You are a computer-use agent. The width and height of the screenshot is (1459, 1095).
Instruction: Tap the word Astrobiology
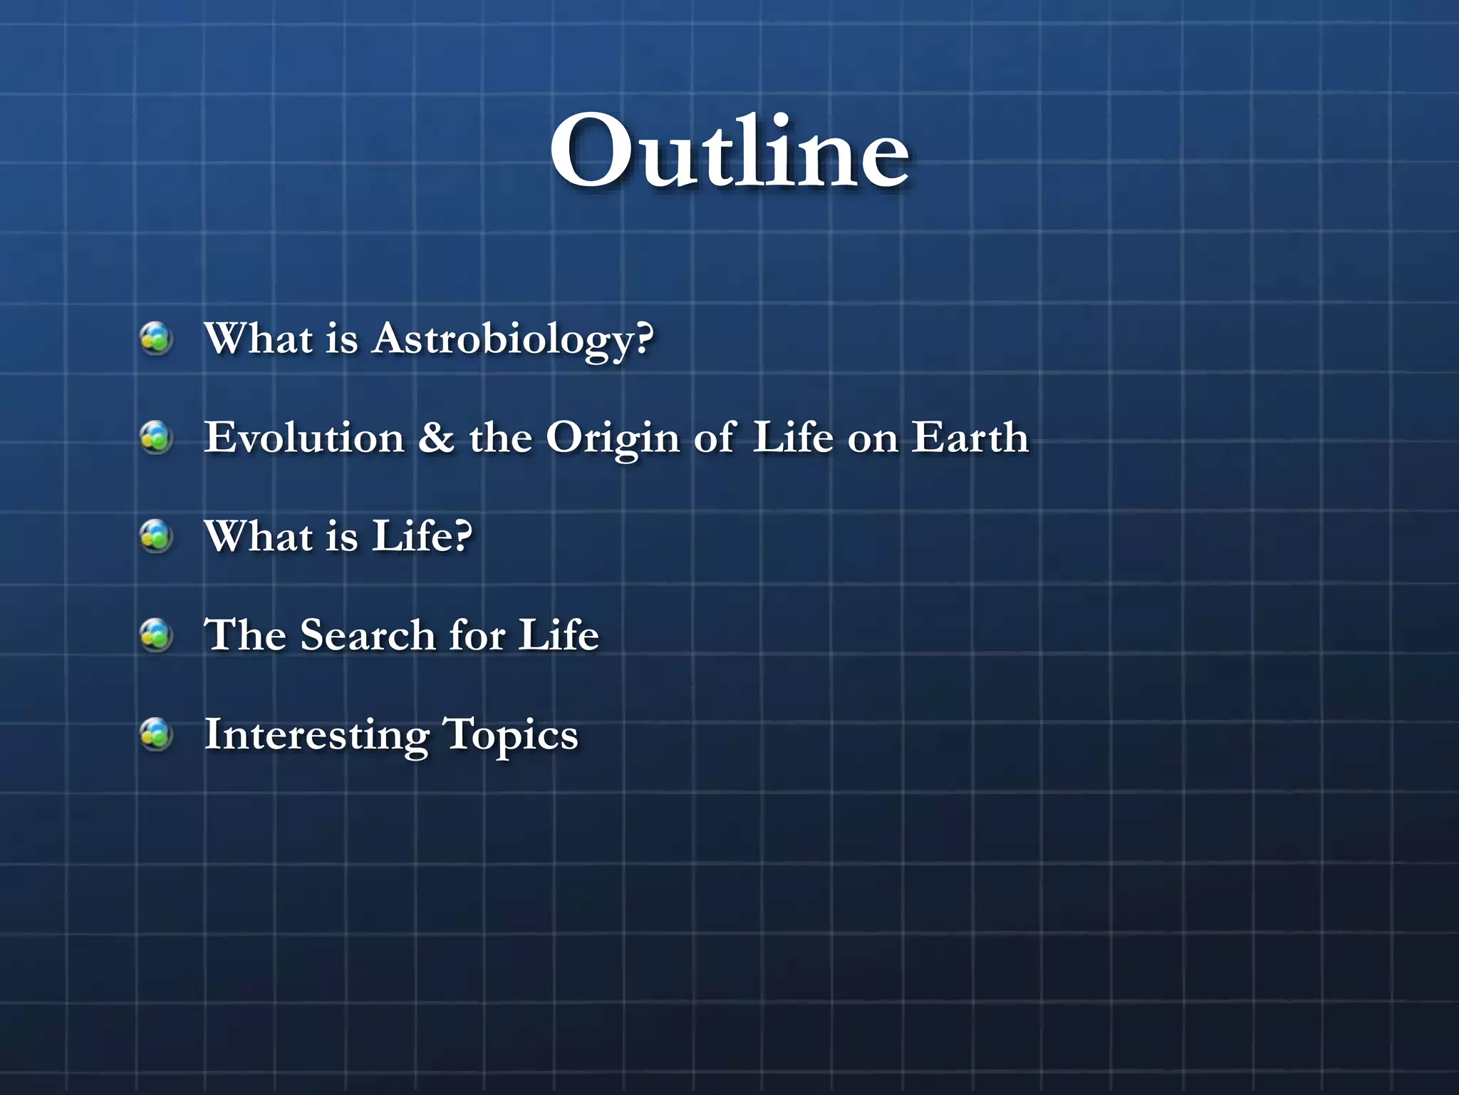tap(513, 339)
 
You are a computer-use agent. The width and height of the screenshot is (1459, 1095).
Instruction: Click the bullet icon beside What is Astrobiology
tap(156, 338)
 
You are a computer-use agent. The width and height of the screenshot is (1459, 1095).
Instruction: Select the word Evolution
tap(304, 437)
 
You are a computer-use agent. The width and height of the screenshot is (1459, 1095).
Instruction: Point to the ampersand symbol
tap(436, 437)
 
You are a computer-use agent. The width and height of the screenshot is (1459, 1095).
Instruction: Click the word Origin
tap(612, 438)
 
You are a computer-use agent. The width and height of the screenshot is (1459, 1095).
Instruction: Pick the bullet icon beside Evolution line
tap(156, 437)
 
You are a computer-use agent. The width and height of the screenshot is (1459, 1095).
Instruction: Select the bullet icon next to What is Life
tap(156, 536)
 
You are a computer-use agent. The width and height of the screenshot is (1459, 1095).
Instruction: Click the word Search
tap(368, 634)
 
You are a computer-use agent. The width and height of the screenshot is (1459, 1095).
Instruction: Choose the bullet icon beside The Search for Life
tap(156, 634)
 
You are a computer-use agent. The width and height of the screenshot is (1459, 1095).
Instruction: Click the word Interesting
tap(317, 735)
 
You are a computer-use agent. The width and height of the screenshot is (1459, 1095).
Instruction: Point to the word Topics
tap(510, 735)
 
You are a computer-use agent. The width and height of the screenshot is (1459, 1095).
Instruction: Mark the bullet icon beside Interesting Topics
tap(156, 734)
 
